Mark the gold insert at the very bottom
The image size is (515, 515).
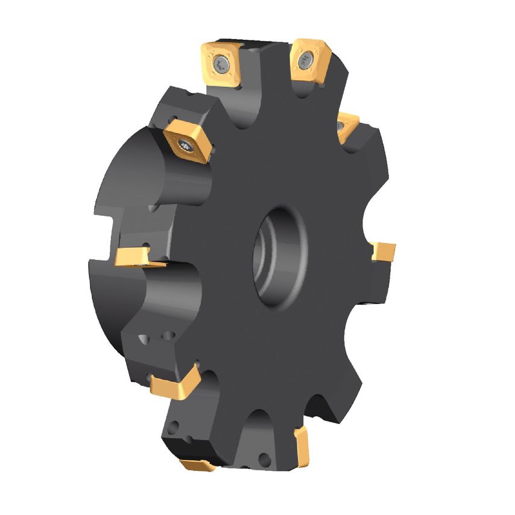click(x=196, y=464)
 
